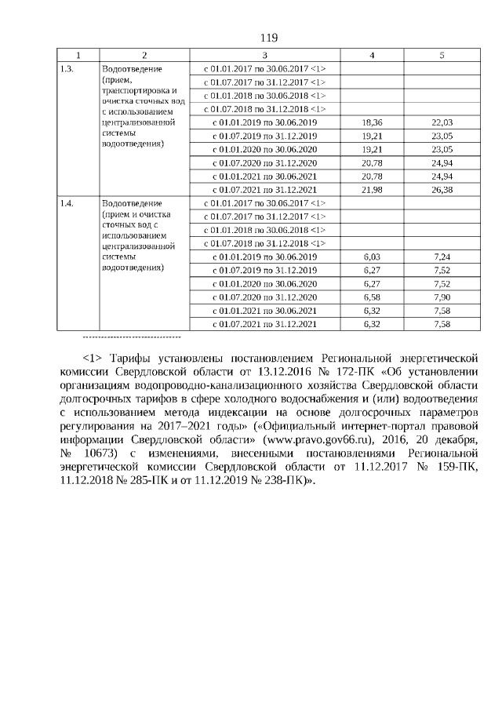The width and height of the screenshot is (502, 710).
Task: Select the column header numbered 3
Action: [x=264, y=56]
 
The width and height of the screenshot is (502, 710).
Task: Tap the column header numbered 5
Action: [x=442, y=56]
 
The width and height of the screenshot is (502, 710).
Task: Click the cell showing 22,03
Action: [x=442, y=123]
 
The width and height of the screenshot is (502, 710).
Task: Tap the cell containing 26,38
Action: [x=442, y=190]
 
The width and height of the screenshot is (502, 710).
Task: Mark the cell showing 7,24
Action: [x=442, y=257]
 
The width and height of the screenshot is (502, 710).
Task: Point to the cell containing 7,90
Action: [x=442, y=297]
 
